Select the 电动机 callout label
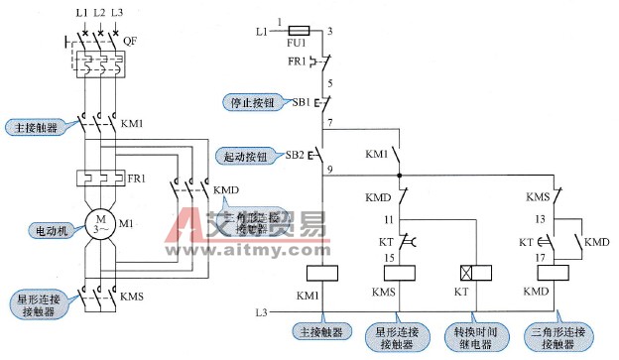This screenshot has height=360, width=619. [47, 229]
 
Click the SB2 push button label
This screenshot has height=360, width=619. [295, 155]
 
